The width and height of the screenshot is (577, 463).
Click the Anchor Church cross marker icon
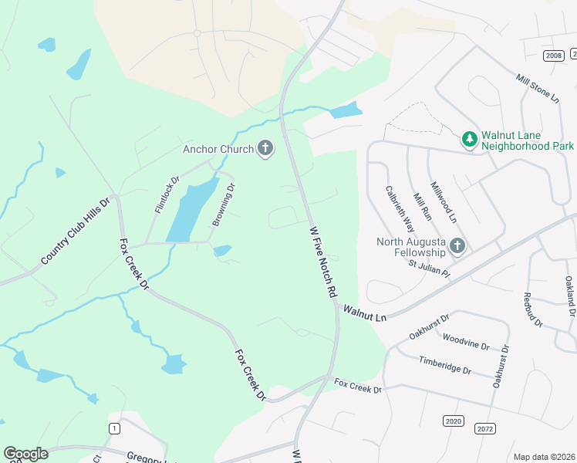pyautogui.click(x=265, y=148)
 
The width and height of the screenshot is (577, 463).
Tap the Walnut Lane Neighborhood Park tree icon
pyautogui.click(x=469, y=139)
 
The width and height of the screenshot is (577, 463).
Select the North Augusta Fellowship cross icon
pyautogui.click(x=457, y=246)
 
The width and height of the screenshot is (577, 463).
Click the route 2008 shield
pyautogui.click(x=553, y=55)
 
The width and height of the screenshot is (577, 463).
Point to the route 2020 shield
pyautogui.click(x=454, y=421)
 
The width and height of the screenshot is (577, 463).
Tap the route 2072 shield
pyautogui.click(x=485, y=428)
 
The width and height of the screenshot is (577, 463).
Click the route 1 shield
pyautogui.click(x=115, y=428)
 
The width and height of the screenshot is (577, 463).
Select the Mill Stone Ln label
pyautogui.click(x=537, y=88)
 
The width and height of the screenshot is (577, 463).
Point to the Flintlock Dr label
pyautogui.click(x=167, y=194)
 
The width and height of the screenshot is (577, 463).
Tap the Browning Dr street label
pyautogui.click(x=223, y=205)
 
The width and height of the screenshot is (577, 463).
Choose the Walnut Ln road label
pyautogui.click(x=364, y=313)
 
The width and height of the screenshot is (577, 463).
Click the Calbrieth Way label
pyautogui.click(x=400, y=208)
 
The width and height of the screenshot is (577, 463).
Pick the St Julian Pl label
pyautogui.click(x=429, y=264)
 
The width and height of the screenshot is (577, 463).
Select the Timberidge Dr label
pyautogui.click(x=444, y=365)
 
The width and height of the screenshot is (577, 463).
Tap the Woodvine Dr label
pyautogui.click(x=466, y=341)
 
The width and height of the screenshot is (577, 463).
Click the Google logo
pyautogui.click(x=25, y=454)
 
